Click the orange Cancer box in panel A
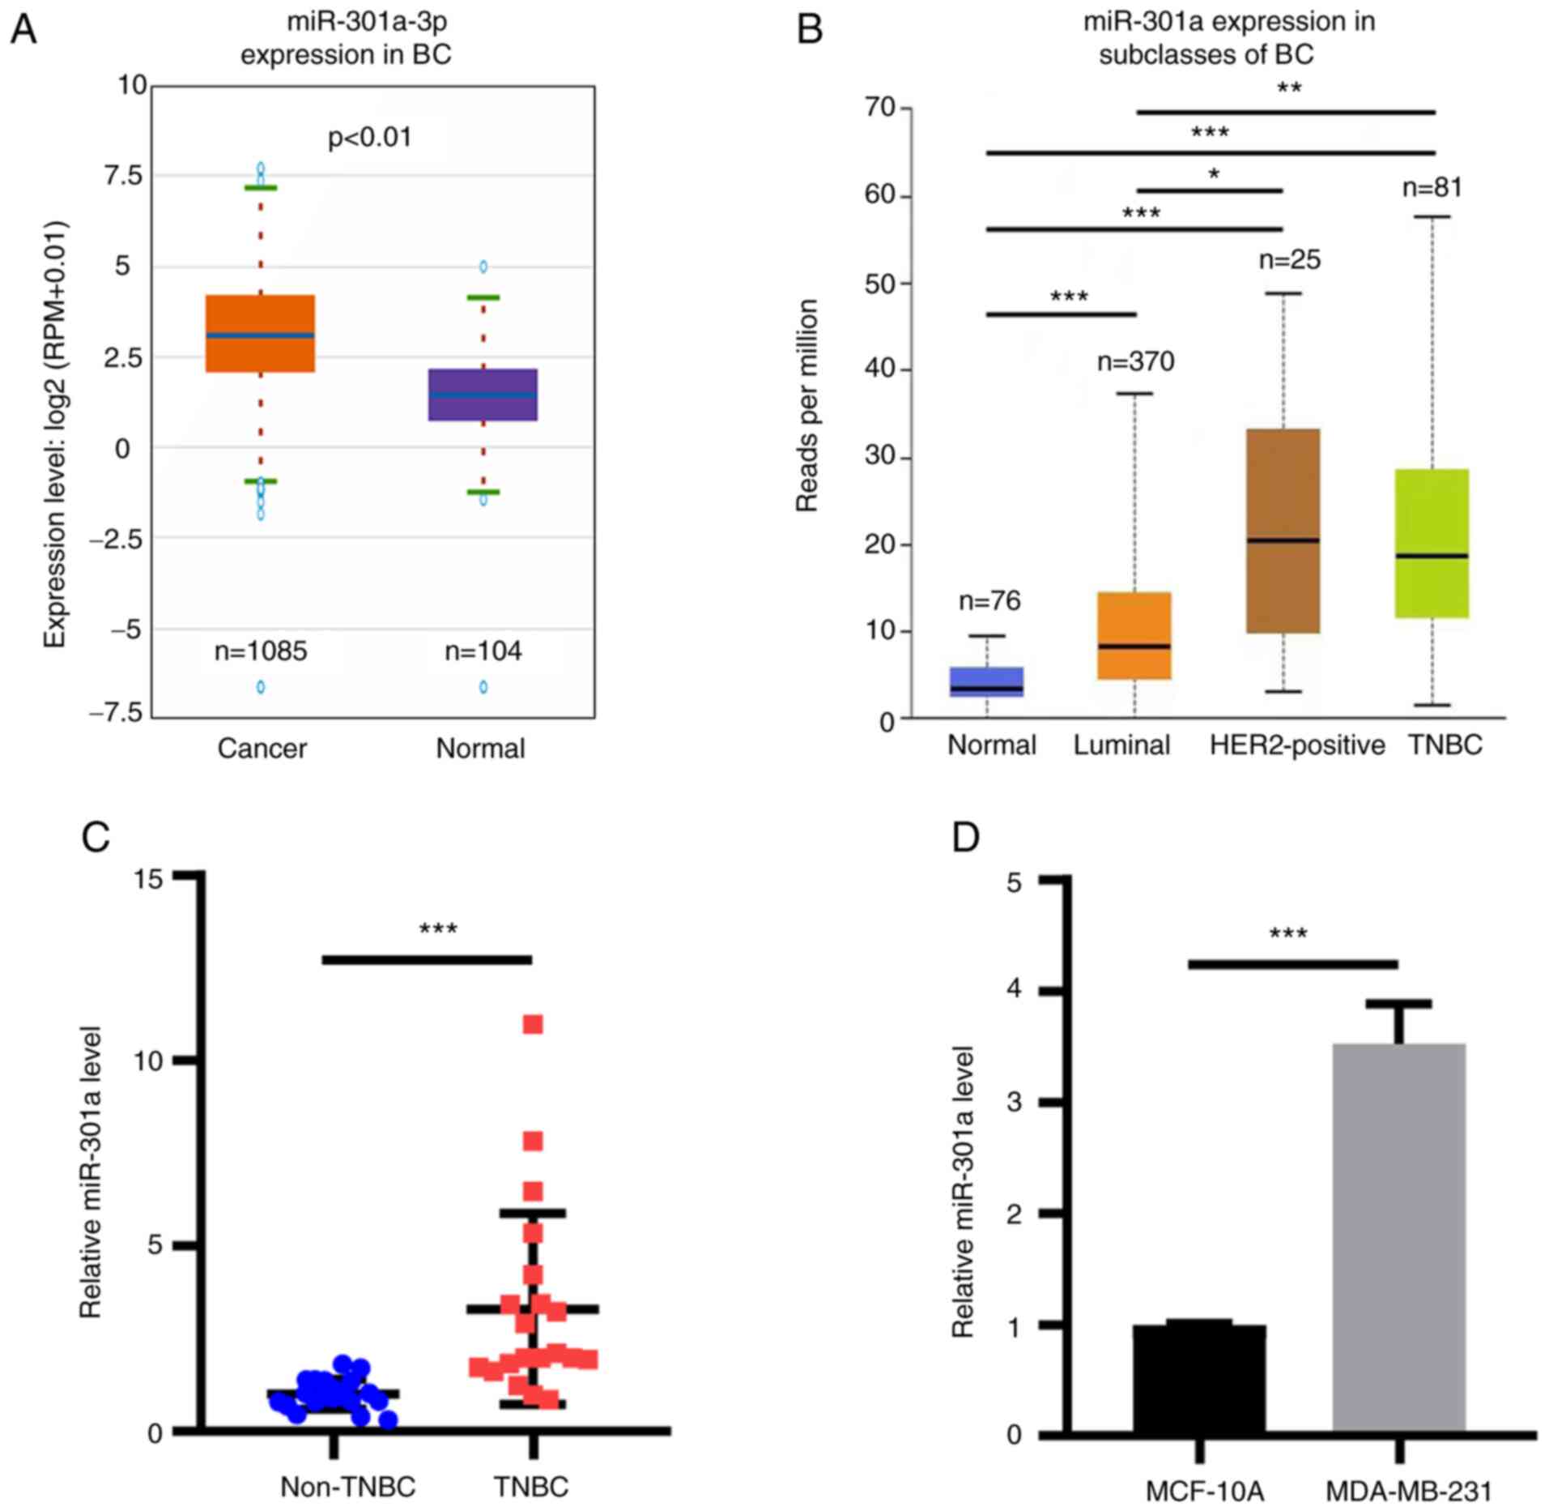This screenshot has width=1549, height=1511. [260, 333]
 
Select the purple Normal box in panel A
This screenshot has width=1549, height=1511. [483, 395]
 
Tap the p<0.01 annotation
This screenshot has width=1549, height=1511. [370, 138]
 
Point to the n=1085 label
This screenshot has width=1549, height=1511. [261, 651]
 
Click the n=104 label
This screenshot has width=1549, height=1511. [483, 651]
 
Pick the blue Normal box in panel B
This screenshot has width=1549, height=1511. [986, 681]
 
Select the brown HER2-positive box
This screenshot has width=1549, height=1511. [1283, 531]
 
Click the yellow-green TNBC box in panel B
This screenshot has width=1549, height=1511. [1432, 543]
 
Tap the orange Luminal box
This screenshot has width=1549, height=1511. [1134, 635]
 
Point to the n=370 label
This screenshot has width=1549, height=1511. [1135, 361]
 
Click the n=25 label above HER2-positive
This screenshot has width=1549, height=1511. [1289, 260]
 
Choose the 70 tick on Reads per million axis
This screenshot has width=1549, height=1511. [881, 108]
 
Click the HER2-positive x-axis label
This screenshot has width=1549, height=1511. [1297, 745]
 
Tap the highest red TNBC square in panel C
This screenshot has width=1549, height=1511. [533, 1025]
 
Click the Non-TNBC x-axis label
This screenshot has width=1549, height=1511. [347, 1488]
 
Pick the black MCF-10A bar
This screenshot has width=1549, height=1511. [1199, 1379]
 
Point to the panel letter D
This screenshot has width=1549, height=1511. [966, 838]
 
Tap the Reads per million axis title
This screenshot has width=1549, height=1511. [807, 405]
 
